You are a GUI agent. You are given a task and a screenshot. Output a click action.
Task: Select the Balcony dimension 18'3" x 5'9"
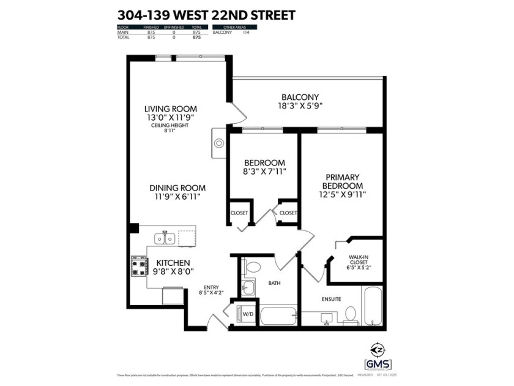pos(300,105)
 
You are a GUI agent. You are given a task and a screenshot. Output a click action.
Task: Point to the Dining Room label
pos(179,188)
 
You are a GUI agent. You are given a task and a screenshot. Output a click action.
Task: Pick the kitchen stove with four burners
pos(140,265)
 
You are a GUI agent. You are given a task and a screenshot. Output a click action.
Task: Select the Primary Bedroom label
pos(341,181)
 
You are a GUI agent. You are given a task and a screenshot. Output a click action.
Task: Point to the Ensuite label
pos(331,299)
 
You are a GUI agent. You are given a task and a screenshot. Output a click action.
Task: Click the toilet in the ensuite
pos(351,314)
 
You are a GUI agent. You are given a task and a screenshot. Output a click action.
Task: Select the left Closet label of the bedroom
pos(239,213)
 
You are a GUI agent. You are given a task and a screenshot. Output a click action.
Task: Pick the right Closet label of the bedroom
pos(288,213)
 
